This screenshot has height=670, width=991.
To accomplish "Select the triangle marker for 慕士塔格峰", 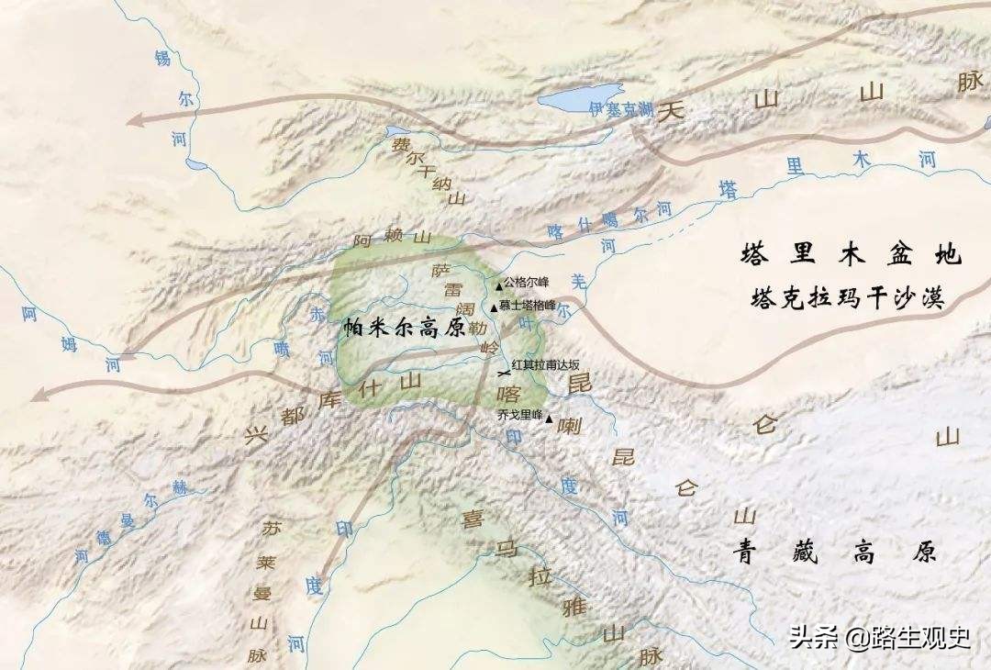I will pos(494,307).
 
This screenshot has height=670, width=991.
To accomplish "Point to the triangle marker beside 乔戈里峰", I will pos(549,420).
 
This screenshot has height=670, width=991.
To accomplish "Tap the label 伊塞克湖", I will pos(621,109).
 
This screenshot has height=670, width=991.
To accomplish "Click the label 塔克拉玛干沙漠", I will pos(846,297).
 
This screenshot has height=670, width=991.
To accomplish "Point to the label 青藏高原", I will pos(833,551).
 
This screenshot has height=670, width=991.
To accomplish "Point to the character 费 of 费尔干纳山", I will pos(401,145).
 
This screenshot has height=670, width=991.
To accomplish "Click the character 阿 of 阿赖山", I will pos(363,242).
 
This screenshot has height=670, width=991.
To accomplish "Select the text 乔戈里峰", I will pos(519,415).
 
